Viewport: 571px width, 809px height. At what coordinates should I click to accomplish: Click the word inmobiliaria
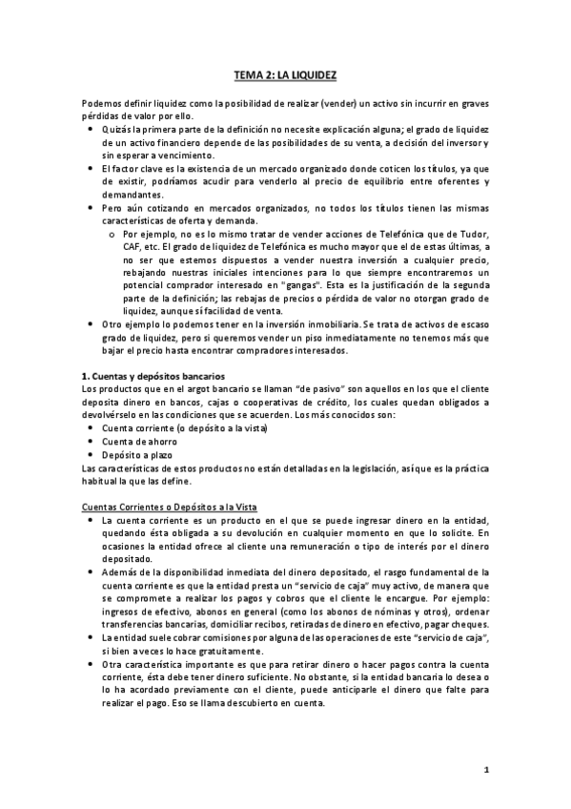click(x=328, y=325)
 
